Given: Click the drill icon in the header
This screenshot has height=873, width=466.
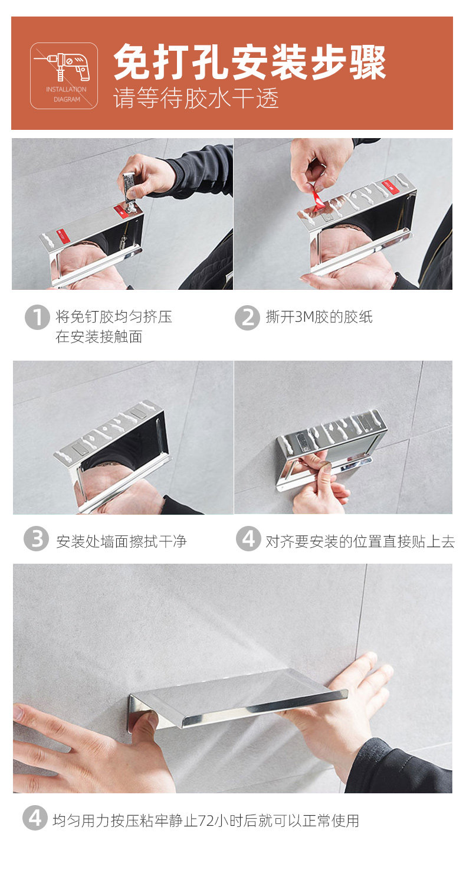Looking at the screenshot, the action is click(x=64, y=66).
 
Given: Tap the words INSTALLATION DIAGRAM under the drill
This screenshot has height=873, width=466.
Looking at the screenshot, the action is click(x=66, y=94).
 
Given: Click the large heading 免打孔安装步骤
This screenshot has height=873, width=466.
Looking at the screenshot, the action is click(x=250, y=62).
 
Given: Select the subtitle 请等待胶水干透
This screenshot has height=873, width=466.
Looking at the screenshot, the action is click(x=196, y=98).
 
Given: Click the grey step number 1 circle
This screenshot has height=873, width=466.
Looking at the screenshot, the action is click(x=37, y=317).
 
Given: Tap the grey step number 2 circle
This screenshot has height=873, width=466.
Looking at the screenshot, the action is click(x=247, y=318).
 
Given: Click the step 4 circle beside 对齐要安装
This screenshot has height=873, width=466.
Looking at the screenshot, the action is click(x=248, y=538).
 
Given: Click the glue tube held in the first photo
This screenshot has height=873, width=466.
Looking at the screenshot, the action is click(x=129, y=188).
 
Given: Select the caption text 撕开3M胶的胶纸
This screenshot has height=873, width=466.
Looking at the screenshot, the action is click(x=319, y=317).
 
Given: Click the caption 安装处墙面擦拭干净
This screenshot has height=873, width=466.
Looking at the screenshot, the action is click(x=122, y=541).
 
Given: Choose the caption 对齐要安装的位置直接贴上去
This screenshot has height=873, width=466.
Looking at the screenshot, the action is click(x=360, y=541).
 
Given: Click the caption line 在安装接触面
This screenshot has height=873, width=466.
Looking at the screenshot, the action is click(x=99, y=336).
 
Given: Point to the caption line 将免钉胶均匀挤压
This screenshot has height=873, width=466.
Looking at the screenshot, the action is click(x=114, y=317).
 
